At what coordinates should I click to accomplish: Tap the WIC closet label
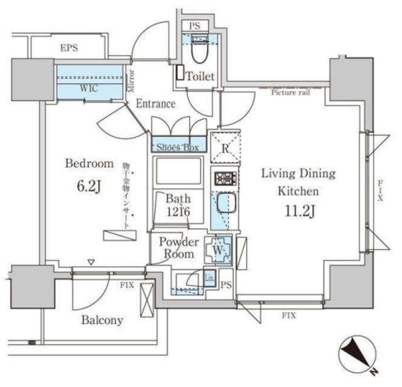pos(89,89)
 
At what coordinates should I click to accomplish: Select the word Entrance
pos(155,104)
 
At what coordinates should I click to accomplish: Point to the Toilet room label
pos(200,77)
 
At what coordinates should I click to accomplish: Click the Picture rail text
pos(290,92)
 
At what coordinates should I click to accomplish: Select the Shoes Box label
pos(177,146)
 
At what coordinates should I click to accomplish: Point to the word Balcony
pos(102,320)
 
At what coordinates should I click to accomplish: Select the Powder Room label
pos(178,248)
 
